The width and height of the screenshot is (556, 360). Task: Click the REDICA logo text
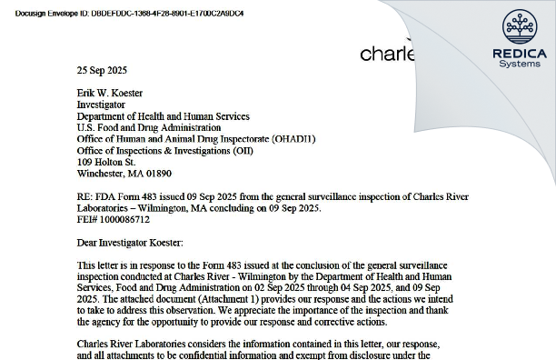(519, 54)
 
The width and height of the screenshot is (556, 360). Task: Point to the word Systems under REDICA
(519, 65)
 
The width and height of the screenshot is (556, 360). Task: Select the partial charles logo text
(387, 55)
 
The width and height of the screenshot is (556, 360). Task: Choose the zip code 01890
(158, 173)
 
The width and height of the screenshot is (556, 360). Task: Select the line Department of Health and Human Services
(163, 116)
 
